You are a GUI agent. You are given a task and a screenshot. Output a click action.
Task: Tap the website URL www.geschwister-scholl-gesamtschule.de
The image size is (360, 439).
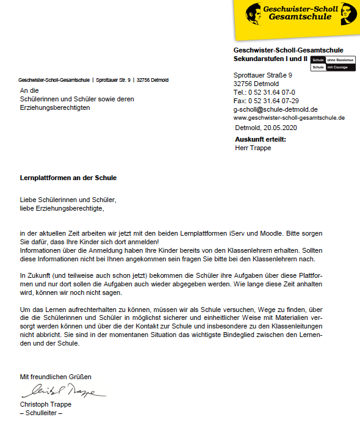coord(289,117)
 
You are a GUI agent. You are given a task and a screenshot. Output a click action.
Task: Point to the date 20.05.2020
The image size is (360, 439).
coord(280,128)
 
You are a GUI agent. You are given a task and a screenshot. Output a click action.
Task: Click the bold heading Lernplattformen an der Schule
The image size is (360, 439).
coord(68,178)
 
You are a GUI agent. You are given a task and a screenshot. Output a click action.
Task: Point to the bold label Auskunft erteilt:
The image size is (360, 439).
coord(261,139)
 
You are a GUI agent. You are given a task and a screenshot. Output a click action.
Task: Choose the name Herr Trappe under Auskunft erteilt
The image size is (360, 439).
coord(253,148)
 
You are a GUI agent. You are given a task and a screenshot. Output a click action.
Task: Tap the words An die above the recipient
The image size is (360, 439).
coord(29,90)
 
